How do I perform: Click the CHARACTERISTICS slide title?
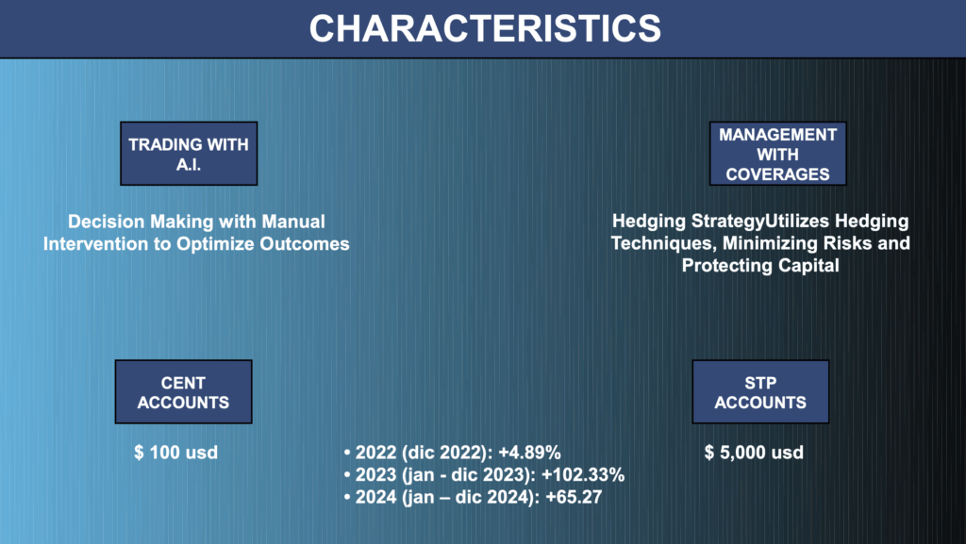click(485, 28)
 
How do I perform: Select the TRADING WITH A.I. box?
click(189, 154)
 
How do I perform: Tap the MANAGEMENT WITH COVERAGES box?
click(777, 154)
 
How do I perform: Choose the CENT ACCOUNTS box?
click(184, 392)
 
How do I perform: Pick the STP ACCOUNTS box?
click(760, 392)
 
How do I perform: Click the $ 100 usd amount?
click(176, 453)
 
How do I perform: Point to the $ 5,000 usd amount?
click(754, 453)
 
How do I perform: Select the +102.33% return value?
click(583, 475)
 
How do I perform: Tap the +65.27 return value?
click(574, 497)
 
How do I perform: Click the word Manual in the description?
click(293, 222)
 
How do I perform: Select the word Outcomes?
click(305, 243)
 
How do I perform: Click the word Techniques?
click(664, 243)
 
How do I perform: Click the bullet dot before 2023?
click(347, 475)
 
